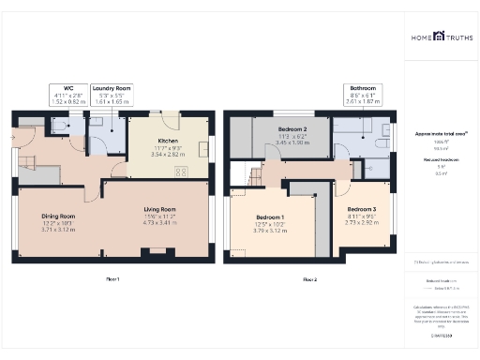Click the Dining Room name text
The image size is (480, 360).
click(x=58, y=216)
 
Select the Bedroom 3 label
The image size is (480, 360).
click(x=361, y=209)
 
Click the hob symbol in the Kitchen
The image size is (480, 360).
click(x=180, y=171)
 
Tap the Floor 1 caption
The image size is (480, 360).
click(x=112, y=279)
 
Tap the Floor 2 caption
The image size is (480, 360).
click(x=309, y=279)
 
